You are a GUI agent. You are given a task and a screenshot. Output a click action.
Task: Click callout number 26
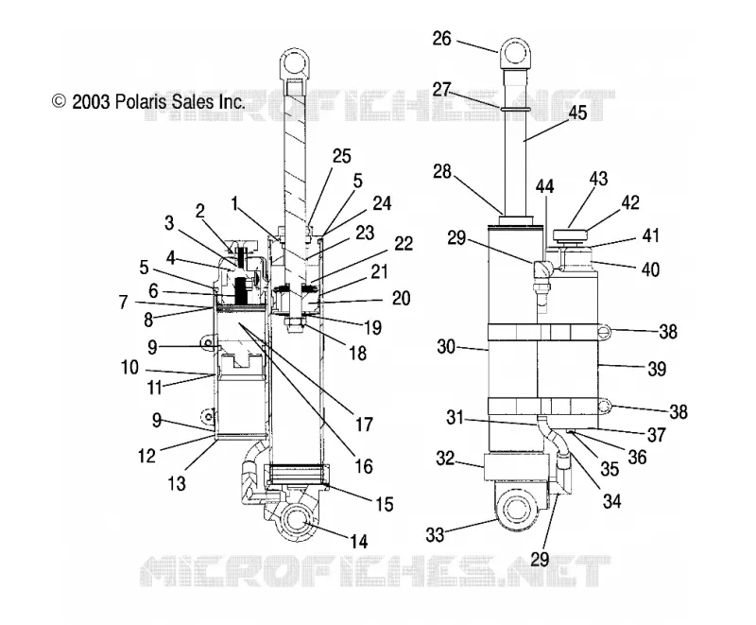[x=441, y=39]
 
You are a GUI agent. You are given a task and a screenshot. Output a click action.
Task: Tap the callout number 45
[x=577, y=113]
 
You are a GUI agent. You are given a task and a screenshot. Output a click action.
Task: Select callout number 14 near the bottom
[x=359, y=542]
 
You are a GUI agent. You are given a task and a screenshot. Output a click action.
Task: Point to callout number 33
[x=435, y=534]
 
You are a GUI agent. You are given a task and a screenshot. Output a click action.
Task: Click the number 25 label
[x=342, y=156]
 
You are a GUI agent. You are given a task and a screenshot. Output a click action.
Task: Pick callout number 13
[x=177, y=483]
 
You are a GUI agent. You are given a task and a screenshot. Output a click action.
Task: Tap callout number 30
[x=446, y=346]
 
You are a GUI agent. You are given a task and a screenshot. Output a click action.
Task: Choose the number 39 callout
[x=657, y=369]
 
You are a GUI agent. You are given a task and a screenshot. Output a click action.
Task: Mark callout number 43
[x=598, y=179]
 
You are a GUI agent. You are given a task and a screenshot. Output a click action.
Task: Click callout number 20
[x=401, y=299]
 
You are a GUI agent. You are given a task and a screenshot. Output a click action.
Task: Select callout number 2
[x=200, y=210]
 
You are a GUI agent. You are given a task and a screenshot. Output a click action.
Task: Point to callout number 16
[x=364, y=466]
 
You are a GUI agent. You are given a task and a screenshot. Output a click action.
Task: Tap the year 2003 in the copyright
[x=91, y=102]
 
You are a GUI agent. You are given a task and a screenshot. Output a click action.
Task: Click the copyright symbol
[x=59, y=101]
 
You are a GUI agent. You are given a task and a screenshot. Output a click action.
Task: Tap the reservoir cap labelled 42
[x=571, y=235]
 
